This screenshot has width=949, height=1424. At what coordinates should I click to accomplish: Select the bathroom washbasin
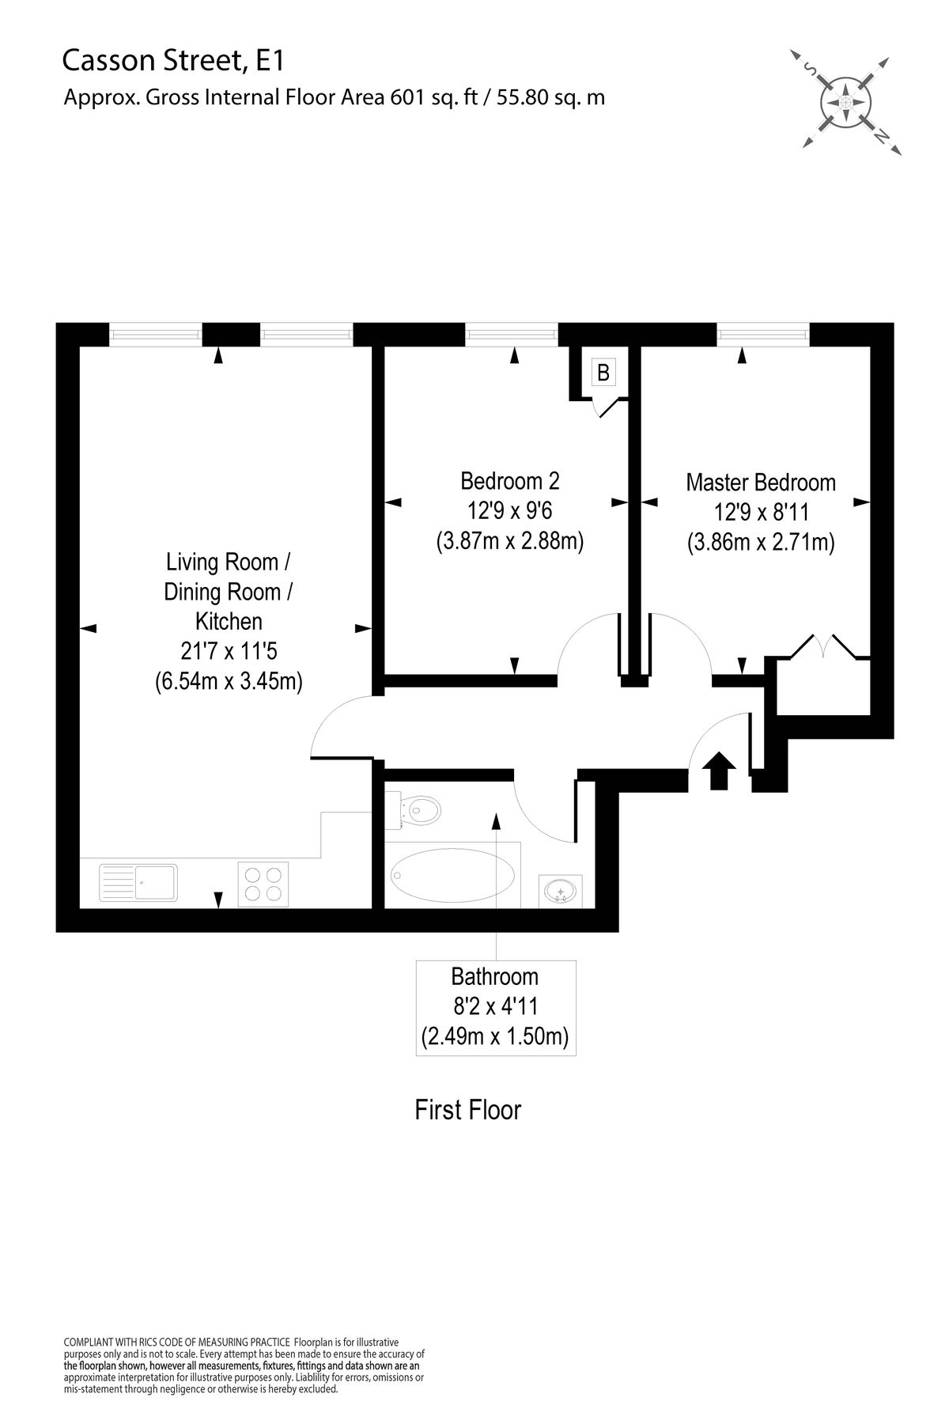[561, 892]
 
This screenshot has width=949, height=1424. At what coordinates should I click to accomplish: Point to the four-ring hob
[263, 883]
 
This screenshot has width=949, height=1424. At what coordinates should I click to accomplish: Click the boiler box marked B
[603, 372]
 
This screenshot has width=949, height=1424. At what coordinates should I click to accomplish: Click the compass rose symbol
[845, 101]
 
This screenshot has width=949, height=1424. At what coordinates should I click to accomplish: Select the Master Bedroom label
[761, 482]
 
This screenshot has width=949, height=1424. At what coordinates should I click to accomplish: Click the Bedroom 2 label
[510, 480]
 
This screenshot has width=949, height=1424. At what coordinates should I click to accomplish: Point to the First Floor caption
[468, 1110]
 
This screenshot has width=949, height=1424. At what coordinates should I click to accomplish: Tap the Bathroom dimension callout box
[496, 1006]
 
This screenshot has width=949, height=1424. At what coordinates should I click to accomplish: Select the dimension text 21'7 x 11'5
[229, 651]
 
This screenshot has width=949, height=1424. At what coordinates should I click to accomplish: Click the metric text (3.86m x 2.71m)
[761, 543]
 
